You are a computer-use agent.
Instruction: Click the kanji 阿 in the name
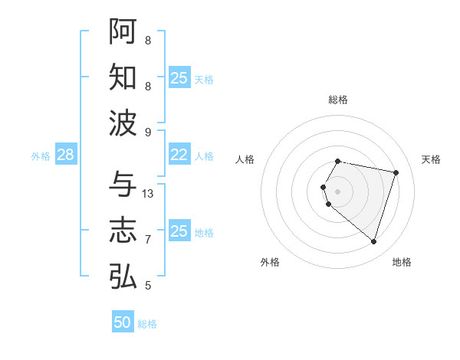[x=123, y=31]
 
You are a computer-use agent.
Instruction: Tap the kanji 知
[x=123, y=77]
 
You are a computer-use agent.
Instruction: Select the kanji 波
[x=123, y=123]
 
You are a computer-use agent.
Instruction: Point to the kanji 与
[x=123, y=185]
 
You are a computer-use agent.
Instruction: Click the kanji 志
[x=123, y=231]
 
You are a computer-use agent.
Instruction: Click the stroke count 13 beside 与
[x=149, y=194]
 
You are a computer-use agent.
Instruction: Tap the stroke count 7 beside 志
[x=148, y=240]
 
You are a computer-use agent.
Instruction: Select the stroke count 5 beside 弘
[x=148, y=286]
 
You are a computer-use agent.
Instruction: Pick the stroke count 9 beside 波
[x=148, y=133]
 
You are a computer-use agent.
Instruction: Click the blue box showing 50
[x=123, y=322]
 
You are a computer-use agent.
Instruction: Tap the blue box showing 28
[x=66, y=155]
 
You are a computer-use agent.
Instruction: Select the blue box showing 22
[x=179, y=155]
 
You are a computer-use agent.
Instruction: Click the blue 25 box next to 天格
[x=179, y=77]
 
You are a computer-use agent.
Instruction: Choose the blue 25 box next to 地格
[x=179, y=231]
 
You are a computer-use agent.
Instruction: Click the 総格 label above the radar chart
[x=338, y=100]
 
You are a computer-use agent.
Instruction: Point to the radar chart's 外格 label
[x=270, y=262]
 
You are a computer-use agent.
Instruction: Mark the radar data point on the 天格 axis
[x=396, y=172]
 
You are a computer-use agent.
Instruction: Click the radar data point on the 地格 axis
[x=373, y=242]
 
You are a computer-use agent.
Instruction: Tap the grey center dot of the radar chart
[x=338, y=191]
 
